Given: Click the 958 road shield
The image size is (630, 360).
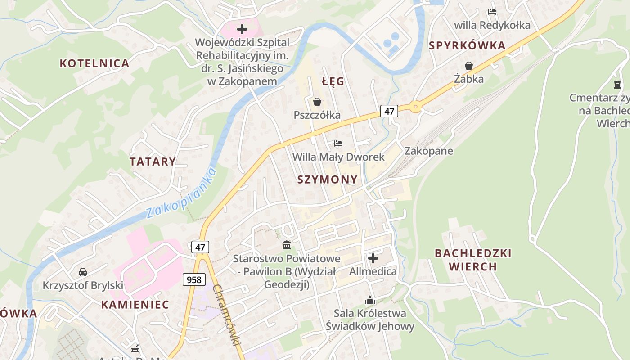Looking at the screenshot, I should pyautogui.click(x=194, y=279).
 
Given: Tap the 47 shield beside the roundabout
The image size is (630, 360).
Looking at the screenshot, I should pyautogui.click(x=389, y=111).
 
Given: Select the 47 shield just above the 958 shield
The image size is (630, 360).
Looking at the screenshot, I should pyautogui.click(x=200, y=247).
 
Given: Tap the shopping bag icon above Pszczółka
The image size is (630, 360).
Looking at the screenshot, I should pyautogui.click(x=317, y=102).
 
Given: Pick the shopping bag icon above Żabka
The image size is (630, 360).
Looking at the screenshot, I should pyautogui.click(x=469, y=66).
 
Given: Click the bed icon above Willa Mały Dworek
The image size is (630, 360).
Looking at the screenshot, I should pyautogui.click(x=338, y=144).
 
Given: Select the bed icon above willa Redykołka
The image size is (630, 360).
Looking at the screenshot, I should pyautogui.click(x=492, y=12).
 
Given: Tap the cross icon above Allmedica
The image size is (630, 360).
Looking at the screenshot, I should pyautogui.click(x=373, y=258).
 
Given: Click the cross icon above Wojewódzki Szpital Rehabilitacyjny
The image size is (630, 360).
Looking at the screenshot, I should pyautogui.click(x=242, y=29).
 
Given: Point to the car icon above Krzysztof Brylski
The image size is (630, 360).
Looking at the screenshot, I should pyautogui.click(x=83, y=272).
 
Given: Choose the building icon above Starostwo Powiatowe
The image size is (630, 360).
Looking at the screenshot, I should pyautogui.click(x=286, y=245).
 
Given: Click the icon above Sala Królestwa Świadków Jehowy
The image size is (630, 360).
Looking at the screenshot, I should pyautogui.click(x=369, y=300).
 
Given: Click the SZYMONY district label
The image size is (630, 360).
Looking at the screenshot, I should pyautogui.click(x=328, y=180).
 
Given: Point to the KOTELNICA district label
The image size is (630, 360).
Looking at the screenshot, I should pyautogui.click(x=94, y=63).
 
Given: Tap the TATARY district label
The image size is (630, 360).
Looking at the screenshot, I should pyautogui.click(x=153, y=162).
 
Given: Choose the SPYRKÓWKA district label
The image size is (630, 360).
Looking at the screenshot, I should pyautogui.click(x=467, y=45).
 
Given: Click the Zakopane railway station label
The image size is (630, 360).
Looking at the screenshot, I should pyautogui.click(x=428, y=151).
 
